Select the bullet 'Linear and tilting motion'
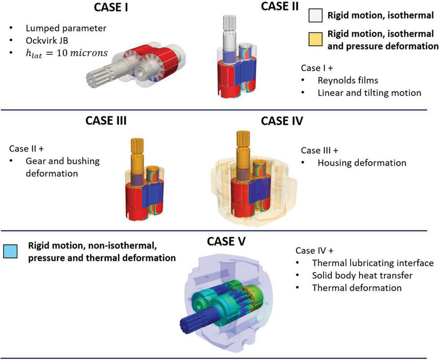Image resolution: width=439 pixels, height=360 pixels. click(x=369, y=93)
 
